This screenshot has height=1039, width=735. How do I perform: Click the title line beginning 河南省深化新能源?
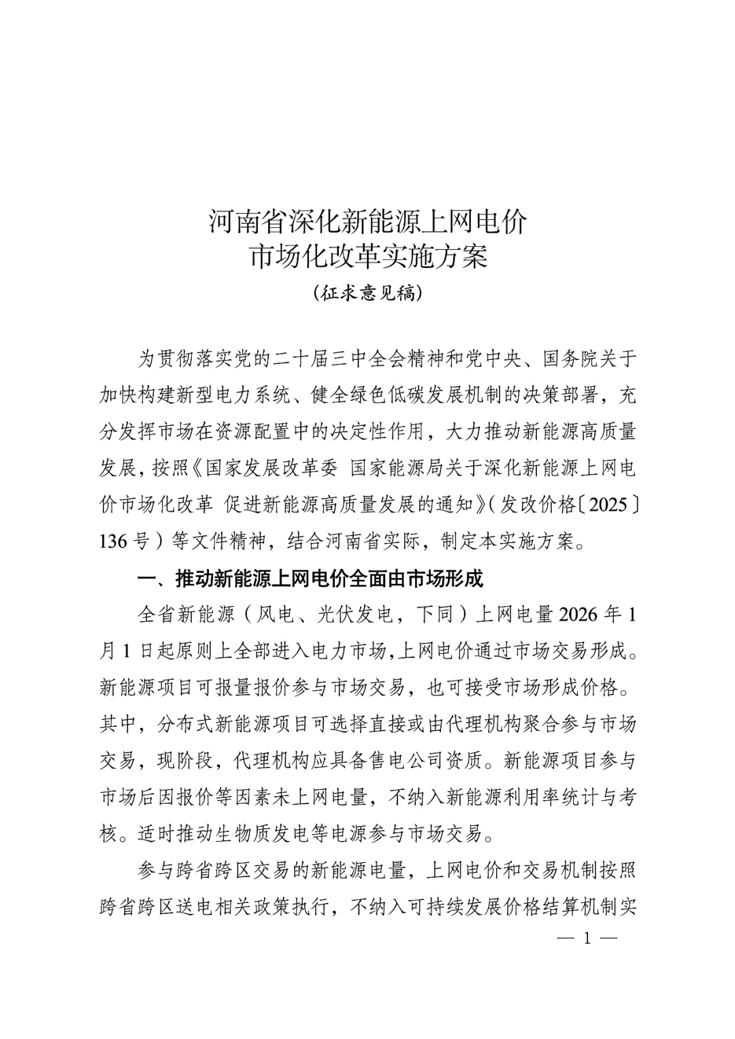tap(367, 222)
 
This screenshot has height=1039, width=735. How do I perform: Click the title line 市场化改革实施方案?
tap(367, 257)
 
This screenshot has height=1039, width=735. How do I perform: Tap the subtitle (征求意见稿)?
tap(367, 293)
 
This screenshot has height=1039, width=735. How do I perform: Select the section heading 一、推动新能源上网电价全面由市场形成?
tap(310, 579)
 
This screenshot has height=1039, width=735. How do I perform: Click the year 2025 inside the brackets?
tap(606, 506)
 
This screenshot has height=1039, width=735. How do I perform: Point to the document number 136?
tap(113, 542)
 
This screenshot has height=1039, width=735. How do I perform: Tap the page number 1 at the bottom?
tap(587, 938)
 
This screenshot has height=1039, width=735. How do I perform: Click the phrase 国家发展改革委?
tap(272, 469)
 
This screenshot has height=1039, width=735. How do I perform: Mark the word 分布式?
tap(184, 724)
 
